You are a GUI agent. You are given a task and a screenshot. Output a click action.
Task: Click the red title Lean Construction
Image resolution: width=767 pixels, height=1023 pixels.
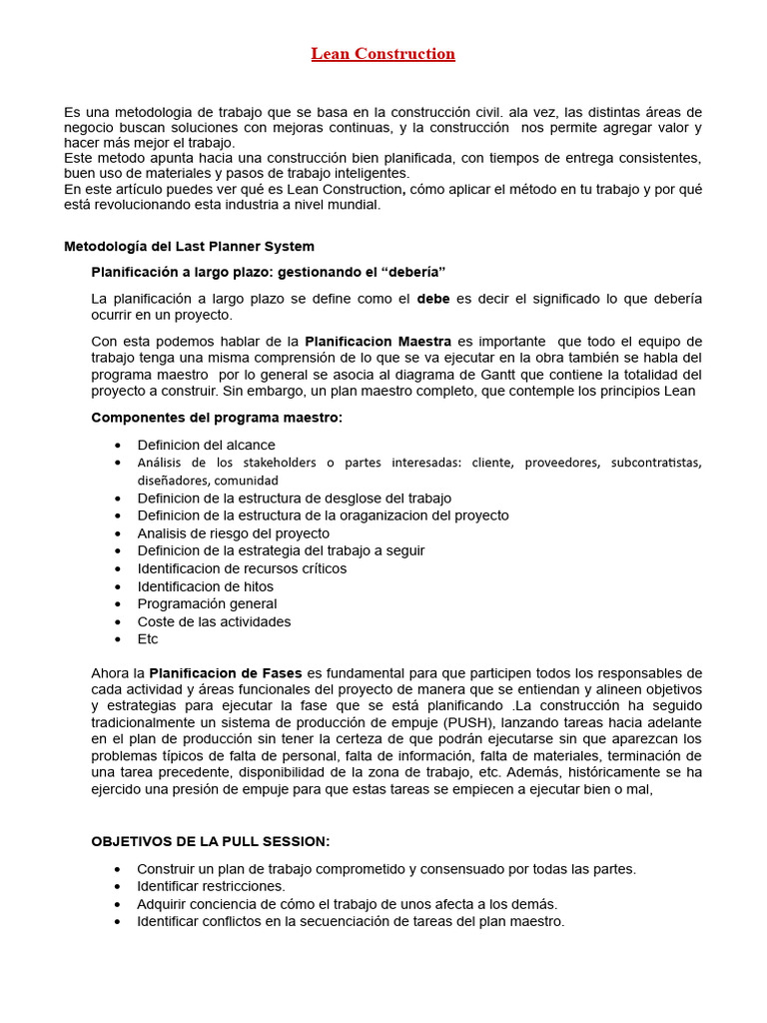pos(383,54)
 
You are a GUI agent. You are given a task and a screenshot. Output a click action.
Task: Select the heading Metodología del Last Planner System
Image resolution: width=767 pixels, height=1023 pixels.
pos(189,246)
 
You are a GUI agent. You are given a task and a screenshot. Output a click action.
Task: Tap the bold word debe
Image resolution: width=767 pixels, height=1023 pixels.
pos(433,299)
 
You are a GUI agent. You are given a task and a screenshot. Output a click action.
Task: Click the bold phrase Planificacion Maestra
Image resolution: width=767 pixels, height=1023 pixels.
pos(378,342)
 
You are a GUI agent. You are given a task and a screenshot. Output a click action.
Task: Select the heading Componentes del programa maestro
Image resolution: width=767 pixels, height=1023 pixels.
pos(217,418)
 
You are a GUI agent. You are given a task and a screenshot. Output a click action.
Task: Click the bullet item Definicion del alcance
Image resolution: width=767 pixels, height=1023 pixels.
pos(206,445)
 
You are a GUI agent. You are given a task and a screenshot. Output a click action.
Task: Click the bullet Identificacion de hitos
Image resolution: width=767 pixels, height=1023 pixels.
pos(205,586)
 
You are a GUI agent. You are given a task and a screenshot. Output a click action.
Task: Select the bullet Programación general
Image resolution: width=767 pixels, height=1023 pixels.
pos(207,603)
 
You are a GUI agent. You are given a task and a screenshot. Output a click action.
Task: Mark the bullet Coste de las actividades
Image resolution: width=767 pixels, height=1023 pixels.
pos(214,621)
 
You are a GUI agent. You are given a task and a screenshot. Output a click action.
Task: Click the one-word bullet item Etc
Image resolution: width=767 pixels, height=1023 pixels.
pos(148,639)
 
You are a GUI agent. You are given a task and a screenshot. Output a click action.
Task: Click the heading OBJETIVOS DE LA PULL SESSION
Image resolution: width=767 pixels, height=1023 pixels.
pos(210,841)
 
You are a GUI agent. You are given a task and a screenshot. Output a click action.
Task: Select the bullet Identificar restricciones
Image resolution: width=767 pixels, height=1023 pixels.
pos(211,886)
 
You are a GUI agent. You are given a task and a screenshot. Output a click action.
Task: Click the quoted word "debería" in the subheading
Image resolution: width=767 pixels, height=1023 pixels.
pos(408,273)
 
